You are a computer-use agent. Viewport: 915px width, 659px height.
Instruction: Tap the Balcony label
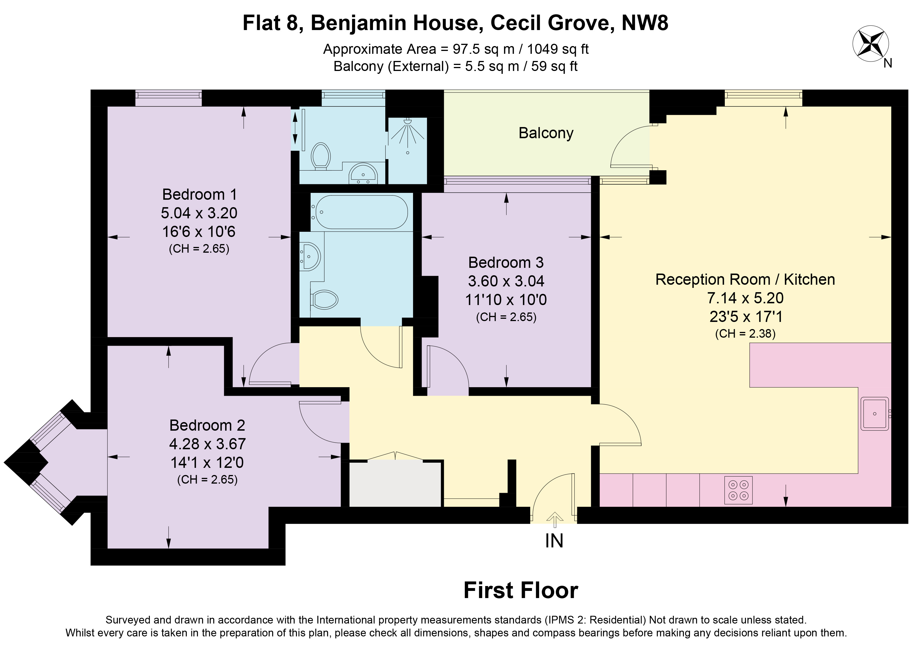coord(546,133)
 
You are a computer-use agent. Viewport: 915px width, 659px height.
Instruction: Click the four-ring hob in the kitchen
coord(738,490)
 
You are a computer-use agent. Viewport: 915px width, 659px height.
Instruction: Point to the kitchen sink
coord(875,414)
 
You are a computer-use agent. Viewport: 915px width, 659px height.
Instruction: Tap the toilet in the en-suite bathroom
coord(321,155)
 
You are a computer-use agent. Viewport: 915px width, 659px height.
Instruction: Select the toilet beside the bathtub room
coord(324,299)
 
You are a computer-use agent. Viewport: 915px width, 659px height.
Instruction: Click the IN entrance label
coord(554,541)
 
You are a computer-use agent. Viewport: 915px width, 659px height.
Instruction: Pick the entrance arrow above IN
coord(555,520)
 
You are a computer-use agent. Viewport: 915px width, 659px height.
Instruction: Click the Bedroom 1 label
coord(199,195)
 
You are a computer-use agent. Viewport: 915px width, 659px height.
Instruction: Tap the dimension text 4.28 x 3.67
coord(207,444)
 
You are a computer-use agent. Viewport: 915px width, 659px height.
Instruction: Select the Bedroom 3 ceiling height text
coord(506,317)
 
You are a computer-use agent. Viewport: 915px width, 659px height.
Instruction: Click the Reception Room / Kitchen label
coord(745,280)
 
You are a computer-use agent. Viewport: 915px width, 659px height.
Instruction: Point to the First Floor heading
coord(521,590)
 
